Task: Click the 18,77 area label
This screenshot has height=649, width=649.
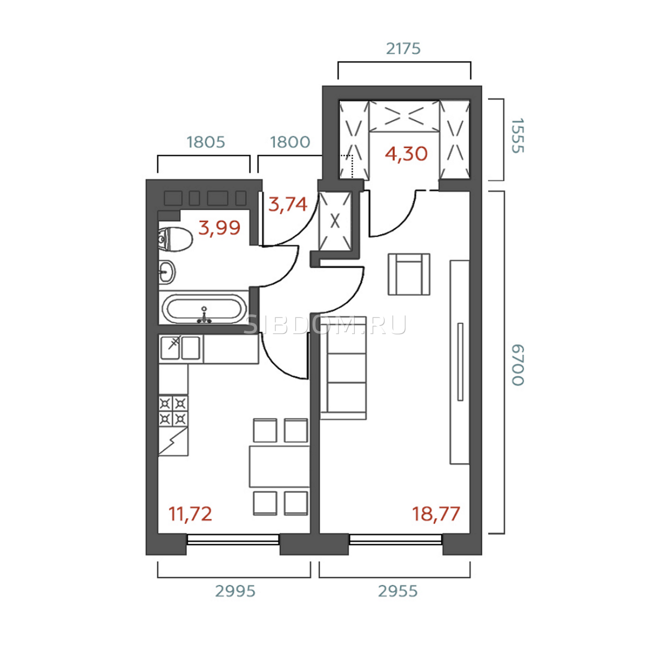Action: click(436, 514)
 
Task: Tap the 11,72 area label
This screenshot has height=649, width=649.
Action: click(190, 514)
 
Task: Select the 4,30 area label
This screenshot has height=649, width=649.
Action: click(406, 154)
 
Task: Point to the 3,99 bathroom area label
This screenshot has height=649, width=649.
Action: click(220, 228)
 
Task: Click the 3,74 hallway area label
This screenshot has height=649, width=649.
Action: click(288, 204)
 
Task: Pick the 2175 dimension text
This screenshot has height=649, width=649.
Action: click(403, 49)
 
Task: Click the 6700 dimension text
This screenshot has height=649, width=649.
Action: click(518, 365)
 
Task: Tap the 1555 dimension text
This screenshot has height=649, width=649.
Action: click(518, 136)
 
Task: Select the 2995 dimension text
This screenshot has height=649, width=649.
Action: click(235, 591)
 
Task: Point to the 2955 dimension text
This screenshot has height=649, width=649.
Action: click(398, 591)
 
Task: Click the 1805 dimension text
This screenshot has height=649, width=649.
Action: click(206, 142)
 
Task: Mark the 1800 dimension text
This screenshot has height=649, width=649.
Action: click(290, 142)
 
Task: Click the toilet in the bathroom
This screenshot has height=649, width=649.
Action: click(175, 240)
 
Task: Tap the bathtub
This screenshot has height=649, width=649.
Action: click(204, 309)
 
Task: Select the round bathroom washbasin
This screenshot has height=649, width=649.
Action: click(167, 272)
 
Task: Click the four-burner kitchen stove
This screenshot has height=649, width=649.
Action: click(174, 411)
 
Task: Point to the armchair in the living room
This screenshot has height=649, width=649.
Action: click(409, 274)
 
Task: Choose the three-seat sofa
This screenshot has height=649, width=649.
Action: click(343, 368)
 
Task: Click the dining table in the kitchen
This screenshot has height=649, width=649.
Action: click(279, 466)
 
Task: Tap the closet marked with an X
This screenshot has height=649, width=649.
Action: click(335, 222)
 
